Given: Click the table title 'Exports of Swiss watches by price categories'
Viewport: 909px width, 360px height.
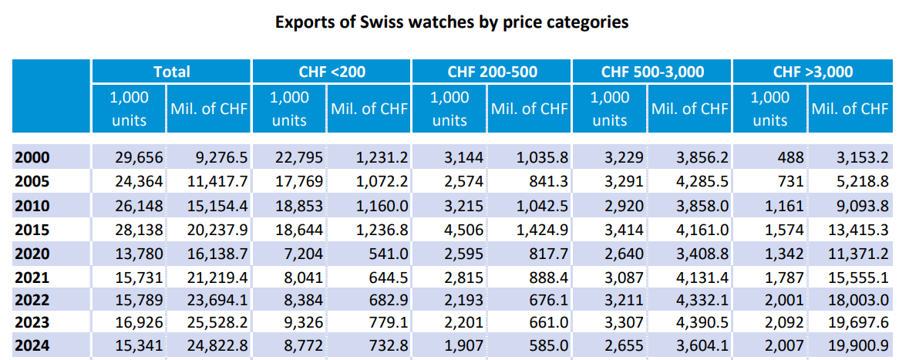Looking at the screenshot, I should (452, 22).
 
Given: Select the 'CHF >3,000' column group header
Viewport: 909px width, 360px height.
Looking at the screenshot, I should (813, 72).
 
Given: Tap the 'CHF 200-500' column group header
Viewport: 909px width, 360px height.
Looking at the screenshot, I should (493, 72).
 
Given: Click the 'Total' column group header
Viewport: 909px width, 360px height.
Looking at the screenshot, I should (171, 72).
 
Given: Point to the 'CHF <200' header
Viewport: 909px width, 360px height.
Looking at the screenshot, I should (332, 72).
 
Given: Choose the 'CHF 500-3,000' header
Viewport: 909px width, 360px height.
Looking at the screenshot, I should (652, 72).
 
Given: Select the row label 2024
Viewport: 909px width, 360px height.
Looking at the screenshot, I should (32, 346).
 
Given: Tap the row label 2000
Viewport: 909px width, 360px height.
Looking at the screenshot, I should (32, 157).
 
